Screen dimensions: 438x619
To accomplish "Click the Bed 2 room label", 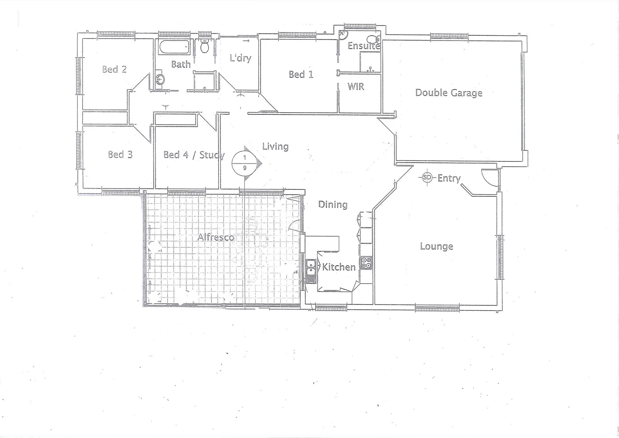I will tap(114, 69).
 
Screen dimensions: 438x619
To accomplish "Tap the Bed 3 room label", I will tap(120, 155).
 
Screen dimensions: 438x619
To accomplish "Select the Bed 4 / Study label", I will tap(194, 155).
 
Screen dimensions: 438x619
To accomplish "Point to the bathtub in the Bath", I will tap(175, 47).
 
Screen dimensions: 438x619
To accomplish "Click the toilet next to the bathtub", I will tap(205, 47).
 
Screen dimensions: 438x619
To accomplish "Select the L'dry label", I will tap(240, 58).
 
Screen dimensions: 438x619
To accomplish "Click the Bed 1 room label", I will tap(301, 74).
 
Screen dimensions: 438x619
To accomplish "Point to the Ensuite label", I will tap(363, 46).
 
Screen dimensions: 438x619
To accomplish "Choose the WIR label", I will tap(356, 86).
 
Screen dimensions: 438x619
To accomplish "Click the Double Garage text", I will tap(448, 93).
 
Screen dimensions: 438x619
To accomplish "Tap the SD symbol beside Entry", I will tap(427, 177).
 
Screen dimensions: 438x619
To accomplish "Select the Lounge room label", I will tap(436, 246).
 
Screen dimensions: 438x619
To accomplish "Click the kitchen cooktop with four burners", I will tap(365, 263).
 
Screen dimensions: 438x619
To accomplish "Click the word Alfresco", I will tap(216, 237).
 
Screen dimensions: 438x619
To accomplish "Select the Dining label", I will tap(333, 204).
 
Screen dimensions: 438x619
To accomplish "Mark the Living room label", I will tap(275, 146).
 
